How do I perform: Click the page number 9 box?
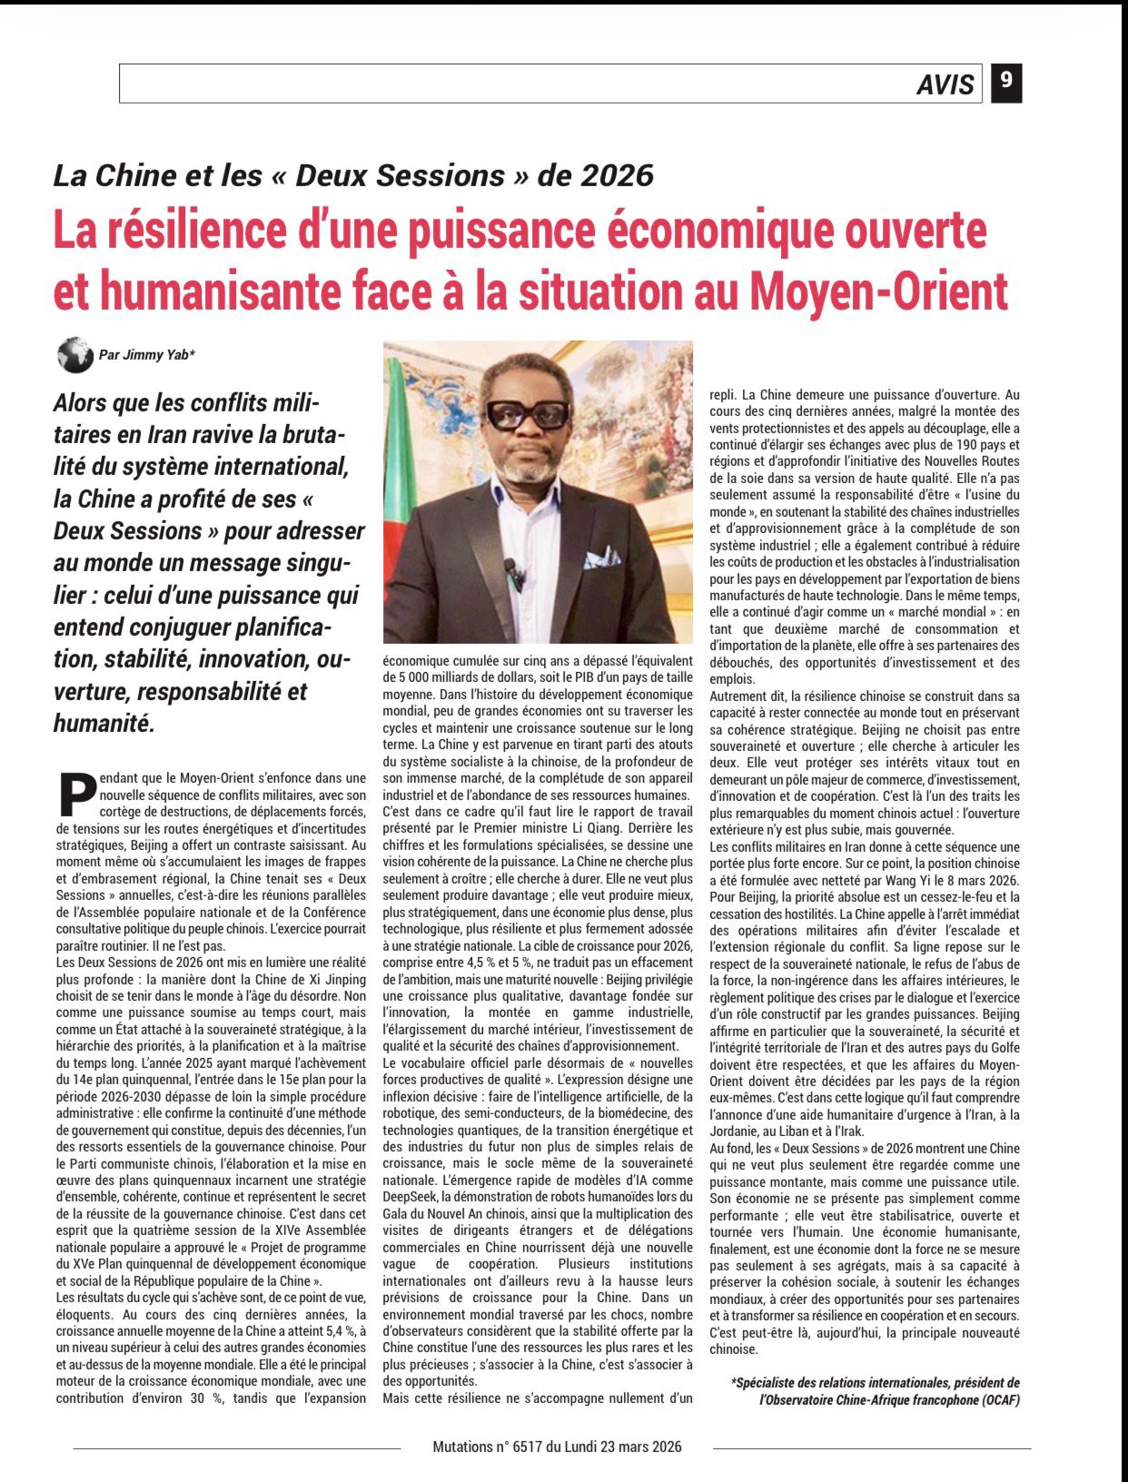pyautogui.click(x=1006, y=83)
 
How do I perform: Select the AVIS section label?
pyautogui.click(x=945, y=84)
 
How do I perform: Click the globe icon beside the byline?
pyautogui.click(x=75, y=354)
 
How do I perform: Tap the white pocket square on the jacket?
pyautogui.click(x=601, y=557)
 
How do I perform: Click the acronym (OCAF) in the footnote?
pyautogui.click(x=993, y=1399)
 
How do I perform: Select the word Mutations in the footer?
pyautogui.click(x=462, y=1447)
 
